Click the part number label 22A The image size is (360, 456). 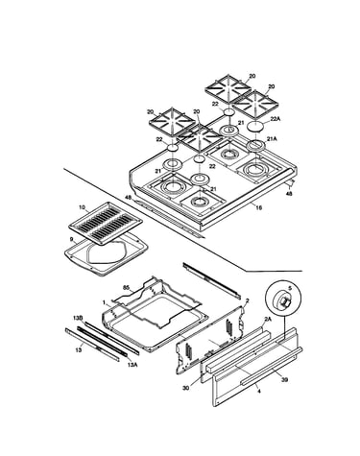pos(276,119)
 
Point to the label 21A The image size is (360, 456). pos(272,139)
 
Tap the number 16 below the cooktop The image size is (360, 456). pos(258,208)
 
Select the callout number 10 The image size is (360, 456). pos(82,207)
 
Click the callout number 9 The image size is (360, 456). pos(71,239)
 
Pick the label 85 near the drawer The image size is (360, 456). pos(126,288)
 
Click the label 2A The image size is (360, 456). pos(268,319)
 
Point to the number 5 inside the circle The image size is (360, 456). pos(290,288)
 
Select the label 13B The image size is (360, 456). pos(78,318)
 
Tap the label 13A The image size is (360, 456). pos(132,365)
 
